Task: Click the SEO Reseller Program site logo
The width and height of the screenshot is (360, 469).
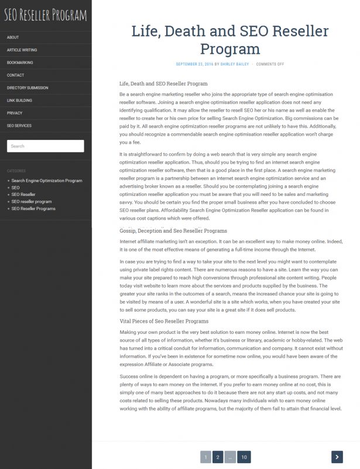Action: coord(45,15)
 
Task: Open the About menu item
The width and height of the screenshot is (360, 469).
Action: coord(13,37)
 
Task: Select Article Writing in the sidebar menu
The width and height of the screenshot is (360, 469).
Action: coord(22,50)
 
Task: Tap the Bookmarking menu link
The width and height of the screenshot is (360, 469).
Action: coord(20,63)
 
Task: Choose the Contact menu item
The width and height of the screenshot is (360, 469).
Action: coord(16,75)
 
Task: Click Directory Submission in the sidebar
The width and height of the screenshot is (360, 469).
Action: coord(28,88)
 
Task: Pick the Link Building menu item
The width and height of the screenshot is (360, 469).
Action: coord(19,101)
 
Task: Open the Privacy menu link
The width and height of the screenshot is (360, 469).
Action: coord(15,113)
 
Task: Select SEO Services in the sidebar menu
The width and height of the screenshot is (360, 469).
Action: coord(19,126)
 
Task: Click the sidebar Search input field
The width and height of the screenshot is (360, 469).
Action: coord(45,146)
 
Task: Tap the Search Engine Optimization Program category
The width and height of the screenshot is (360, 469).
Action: coord(47,181)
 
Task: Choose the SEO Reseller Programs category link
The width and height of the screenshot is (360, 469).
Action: coord(33,209)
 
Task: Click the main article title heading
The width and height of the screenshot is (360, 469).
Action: coord(229,40)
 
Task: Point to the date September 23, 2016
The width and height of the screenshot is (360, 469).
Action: coord(194,64)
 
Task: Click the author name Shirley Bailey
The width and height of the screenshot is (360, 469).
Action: coord(234,64)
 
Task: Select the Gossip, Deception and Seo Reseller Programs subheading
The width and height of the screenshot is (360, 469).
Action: coord(173,231)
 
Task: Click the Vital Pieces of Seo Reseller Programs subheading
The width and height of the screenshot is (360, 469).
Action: coord(163,321)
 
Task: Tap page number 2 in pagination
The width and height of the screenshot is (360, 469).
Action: coord(217,457)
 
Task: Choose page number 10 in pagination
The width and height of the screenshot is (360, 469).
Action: coord(244,457)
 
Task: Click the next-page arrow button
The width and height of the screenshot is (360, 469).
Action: coord(337,457)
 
